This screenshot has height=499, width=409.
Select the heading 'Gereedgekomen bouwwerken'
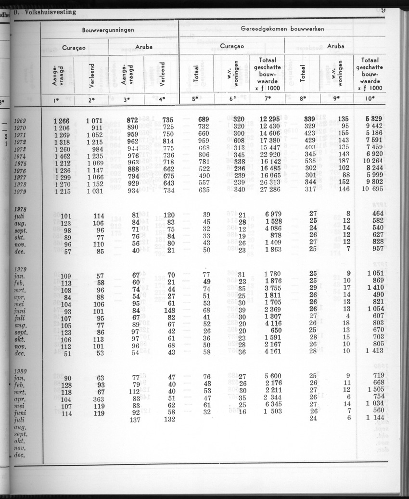point(282,29)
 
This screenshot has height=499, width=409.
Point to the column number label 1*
point(58,99)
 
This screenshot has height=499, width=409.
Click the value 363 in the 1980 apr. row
point(99,399)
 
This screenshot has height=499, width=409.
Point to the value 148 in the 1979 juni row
point(168,310)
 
